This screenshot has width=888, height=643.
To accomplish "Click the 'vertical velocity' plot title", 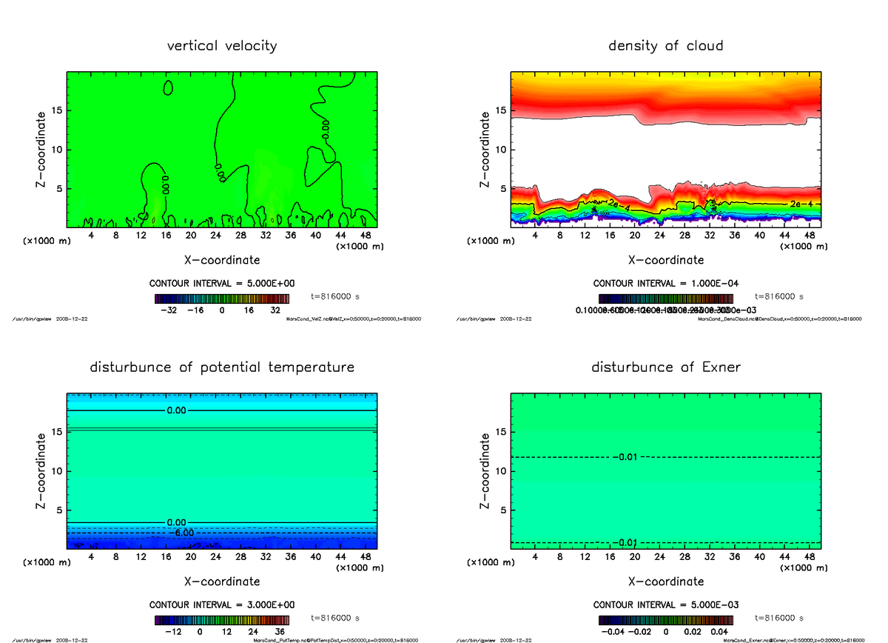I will [222, 46].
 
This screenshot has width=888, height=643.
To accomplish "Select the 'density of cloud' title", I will [665, 46].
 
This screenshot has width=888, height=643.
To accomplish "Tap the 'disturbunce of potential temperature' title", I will [222, 367].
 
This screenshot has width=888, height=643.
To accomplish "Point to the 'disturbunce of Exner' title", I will [666, 367].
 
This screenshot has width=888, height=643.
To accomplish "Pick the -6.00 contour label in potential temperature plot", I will [180, 533].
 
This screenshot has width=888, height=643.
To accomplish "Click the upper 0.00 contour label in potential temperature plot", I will [177, 410].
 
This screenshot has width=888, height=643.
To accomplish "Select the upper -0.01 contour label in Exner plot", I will [625, 457].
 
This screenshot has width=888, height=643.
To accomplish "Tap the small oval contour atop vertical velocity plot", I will [168, 87].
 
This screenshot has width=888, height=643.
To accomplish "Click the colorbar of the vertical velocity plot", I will [222, 299].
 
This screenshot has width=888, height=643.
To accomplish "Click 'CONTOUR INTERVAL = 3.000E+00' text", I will [222, 604].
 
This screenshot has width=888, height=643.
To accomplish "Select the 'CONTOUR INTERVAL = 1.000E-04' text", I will [666, 284].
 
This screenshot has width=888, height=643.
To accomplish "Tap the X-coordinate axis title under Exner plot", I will [666, 582].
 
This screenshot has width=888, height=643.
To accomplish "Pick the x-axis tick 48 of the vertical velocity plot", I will [365, 236].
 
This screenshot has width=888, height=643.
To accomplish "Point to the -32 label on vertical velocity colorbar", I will [173, 311].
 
